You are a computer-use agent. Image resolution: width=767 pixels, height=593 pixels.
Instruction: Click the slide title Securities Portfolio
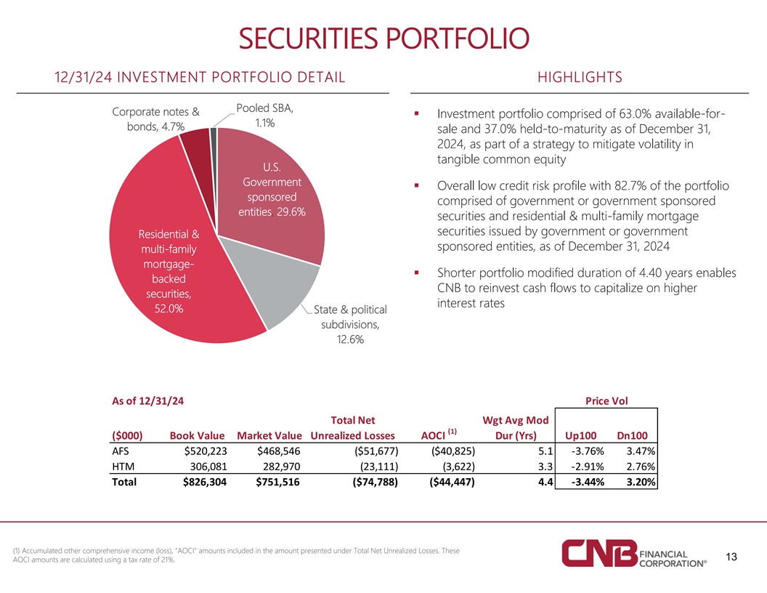[383, 37]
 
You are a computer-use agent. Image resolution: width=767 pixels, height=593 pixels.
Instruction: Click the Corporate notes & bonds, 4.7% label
[155, 119]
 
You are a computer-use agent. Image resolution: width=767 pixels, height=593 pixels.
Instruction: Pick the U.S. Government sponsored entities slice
[271, 196]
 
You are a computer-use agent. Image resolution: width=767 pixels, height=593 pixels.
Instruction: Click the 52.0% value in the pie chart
[169, 309]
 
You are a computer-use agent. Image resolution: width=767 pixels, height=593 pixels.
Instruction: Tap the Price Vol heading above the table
[606, 400]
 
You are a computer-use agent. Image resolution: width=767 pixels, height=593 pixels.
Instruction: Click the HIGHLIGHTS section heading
[580, 78]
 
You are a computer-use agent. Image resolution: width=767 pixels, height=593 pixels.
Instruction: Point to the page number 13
[731, 557]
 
